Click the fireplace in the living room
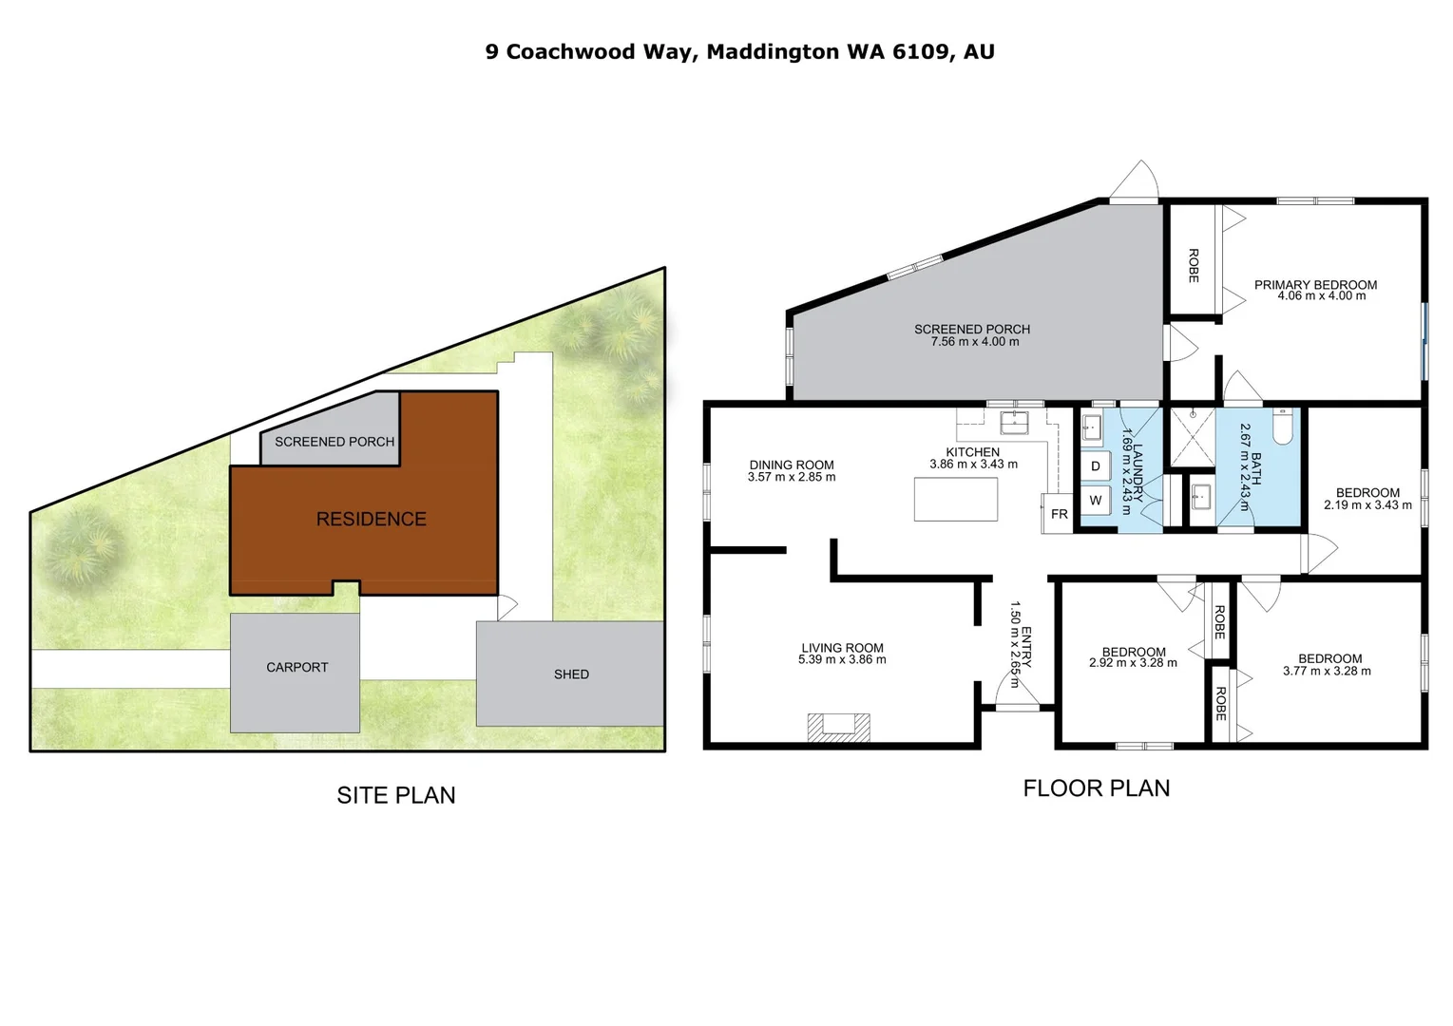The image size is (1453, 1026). point(838,727)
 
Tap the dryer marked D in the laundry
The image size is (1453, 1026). point(1096,466)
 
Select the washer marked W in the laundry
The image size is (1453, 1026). point(1096,500)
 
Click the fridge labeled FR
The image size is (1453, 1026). point(1059,513)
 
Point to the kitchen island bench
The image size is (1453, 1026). point(955,500)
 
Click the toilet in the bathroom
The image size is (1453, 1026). point(1282,428)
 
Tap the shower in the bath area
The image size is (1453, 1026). point(1192,437)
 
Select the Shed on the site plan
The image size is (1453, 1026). point(570,674)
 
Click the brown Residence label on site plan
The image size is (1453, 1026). point(371,519)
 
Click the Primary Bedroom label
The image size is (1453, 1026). point(1315,285)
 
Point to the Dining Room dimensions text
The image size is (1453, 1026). point(792,478)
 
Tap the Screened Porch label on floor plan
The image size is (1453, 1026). point(972,330)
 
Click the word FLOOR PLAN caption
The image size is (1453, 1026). point(1096,788)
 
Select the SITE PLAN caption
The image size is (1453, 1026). point(395,795)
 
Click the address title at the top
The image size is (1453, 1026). point(739,51)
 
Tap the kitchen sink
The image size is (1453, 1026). point(1014,422)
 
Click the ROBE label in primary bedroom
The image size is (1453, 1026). point(1194,265)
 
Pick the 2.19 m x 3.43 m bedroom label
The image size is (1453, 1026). point(1367,499)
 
